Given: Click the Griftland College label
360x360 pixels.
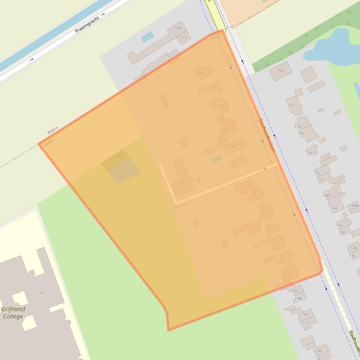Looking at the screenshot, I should click(13, 313).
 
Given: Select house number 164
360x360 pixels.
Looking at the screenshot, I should click(280, 71).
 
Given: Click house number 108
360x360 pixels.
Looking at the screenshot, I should click(177, 28).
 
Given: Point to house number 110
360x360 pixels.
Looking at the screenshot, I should click(183, 38).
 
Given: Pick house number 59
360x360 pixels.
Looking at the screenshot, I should click(201, 73).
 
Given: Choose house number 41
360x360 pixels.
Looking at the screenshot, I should click(182, 184).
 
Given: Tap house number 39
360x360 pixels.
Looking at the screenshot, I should click(254, 195).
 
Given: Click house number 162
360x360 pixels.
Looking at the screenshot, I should click(291, 105).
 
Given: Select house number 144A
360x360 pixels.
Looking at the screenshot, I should click(353, 205).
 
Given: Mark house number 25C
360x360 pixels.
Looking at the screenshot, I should click(294, 291).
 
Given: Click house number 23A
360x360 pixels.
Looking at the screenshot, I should click(317, 351).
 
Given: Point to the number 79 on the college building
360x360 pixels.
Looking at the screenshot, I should click(41, 293).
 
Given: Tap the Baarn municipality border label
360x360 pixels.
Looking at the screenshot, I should click(52, 130).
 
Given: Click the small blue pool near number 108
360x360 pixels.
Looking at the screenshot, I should click(147, 36).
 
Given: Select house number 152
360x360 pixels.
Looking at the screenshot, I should click(317, 173).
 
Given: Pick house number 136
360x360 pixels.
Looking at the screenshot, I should click(353, 256).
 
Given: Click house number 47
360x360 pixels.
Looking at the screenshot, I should click(233, 147).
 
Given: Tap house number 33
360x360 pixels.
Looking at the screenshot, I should click(278, 243).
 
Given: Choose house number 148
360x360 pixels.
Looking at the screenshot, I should click(327, 195).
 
